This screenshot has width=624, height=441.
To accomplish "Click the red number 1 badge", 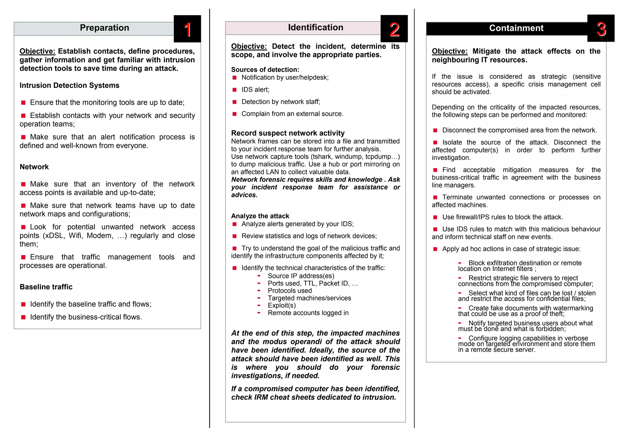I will point(187,29).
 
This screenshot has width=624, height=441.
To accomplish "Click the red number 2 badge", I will point(394,29).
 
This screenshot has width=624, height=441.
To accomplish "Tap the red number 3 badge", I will point(601,29).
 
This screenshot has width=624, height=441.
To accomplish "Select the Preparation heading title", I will point(104,28).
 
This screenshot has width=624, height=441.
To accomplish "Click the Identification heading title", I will point(315,27).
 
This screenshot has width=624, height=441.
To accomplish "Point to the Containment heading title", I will point(516,28).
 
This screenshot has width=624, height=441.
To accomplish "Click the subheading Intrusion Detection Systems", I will point(69,85).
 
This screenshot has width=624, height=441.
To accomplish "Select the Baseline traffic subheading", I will point(46,287).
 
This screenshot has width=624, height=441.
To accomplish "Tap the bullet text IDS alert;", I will point(255,90).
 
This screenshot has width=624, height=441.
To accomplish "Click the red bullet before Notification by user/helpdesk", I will point(235,78).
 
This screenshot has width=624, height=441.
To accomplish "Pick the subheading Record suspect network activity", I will point(288,133).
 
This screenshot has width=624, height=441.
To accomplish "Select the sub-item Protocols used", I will point(290,291).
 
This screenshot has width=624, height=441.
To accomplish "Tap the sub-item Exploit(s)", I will point(282,305).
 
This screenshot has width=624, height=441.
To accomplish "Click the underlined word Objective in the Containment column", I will point(449,51).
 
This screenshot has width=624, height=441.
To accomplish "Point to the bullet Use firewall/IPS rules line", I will point(502,217).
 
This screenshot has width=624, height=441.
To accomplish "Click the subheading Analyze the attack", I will point(260,216).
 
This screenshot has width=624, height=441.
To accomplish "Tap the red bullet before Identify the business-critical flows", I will point(23,317).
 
